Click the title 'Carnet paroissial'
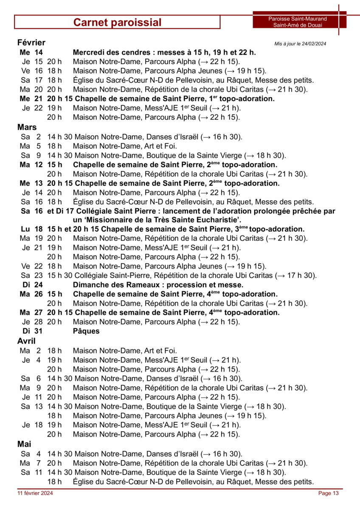coord(117,22)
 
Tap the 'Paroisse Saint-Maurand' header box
coord(298,22)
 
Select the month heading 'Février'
coord(31,42)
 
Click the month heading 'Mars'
coord(27,127)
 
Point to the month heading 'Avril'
coord(26,341)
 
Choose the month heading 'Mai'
coord(24,444)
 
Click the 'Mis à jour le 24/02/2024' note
coord(300,44)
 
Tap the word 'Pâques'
coord(86,331)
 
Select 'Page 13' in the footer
coord(329,493)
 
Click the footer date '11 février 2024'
coord(35,493)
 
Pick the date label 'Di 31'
coord(32,331)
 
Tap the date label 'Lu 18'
coord(32,229)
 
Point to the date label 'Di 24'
coord(32,285)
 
